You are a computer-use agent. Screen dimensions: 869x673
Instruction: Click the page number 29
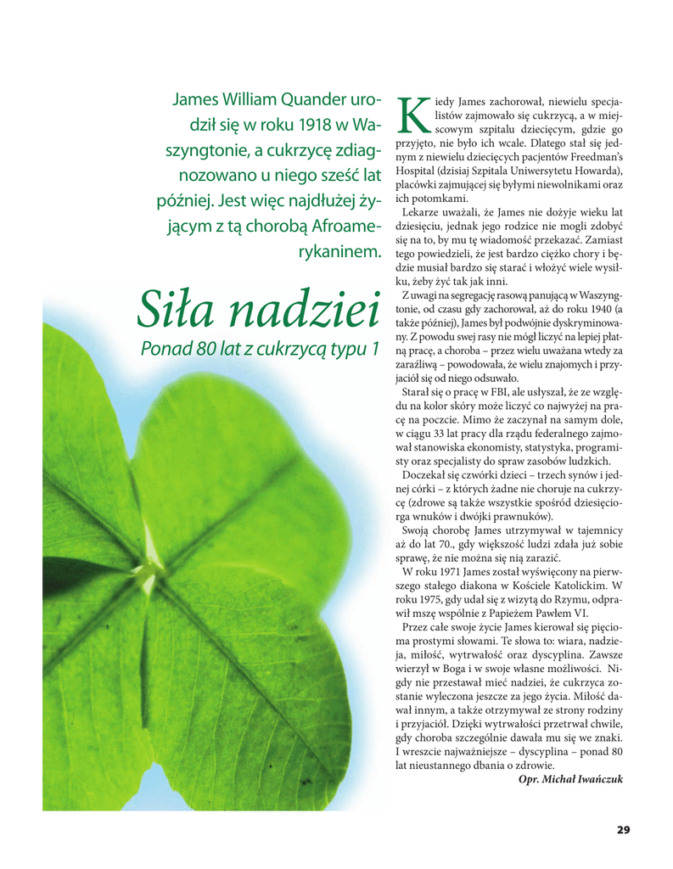tap(623, 830)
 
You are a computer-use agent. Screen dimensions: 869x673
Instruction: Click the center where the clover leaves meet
tap(149, 564)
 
